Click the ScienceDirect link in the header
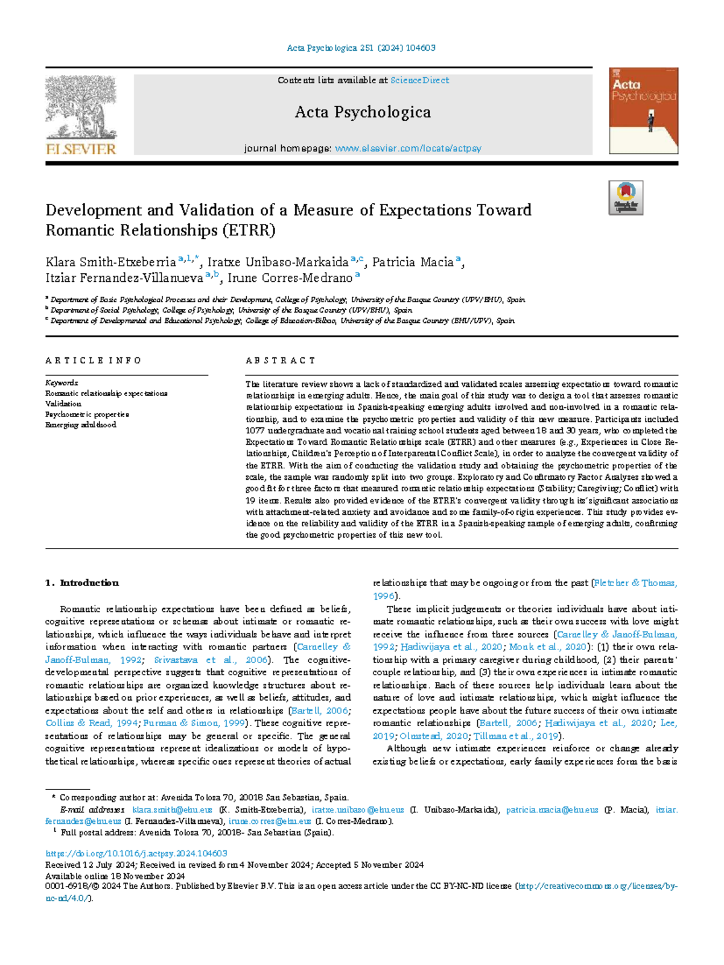(419, 80)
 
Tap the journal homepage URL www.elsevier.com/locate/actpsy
(408, 148)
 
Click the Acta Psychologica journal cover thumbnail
(643, 110)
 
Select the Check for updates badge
(626, 198)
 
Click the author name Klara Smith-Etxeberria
(110, 262)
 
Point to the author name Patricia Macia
(413, 262)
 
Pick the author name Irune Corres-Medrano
(290, 278)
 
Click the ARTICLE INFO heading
(93, 360)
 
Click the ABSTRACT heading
(280, 360)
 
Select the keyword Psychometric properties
(87, 415)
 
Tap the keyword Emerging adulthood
(81, 425)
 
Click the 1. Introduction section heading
(82, 583)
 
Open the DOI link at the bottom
(136, 853)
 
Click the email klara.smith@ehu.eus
(172, 810)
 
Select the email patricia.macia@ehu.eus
(551, 810)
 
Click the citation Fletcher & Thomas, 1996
(635, 583)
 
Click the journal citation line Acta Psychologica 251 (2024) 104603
(361, 48)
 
